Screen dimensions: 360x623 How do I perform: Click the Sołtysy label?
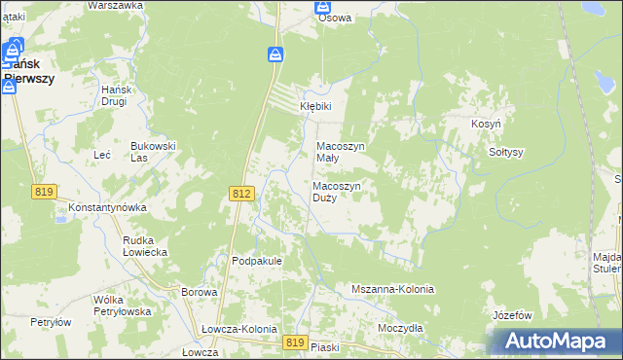tap(506, 152)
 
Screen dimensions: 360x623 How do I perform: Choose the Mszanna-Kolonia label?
tap(392, 290)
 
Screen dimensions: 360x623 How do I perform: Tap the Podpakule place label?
tap(257, 261)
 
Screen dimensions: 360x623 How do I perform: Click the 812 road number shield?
tap(242, 195)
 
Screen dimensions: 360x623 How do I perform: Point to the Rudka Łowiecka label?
tap(145, 245)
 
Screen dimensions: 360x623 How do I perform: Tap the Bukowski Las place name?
tap(153, 151)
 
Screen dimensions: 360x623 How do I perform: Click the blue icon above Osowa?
tap(324, 6)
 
